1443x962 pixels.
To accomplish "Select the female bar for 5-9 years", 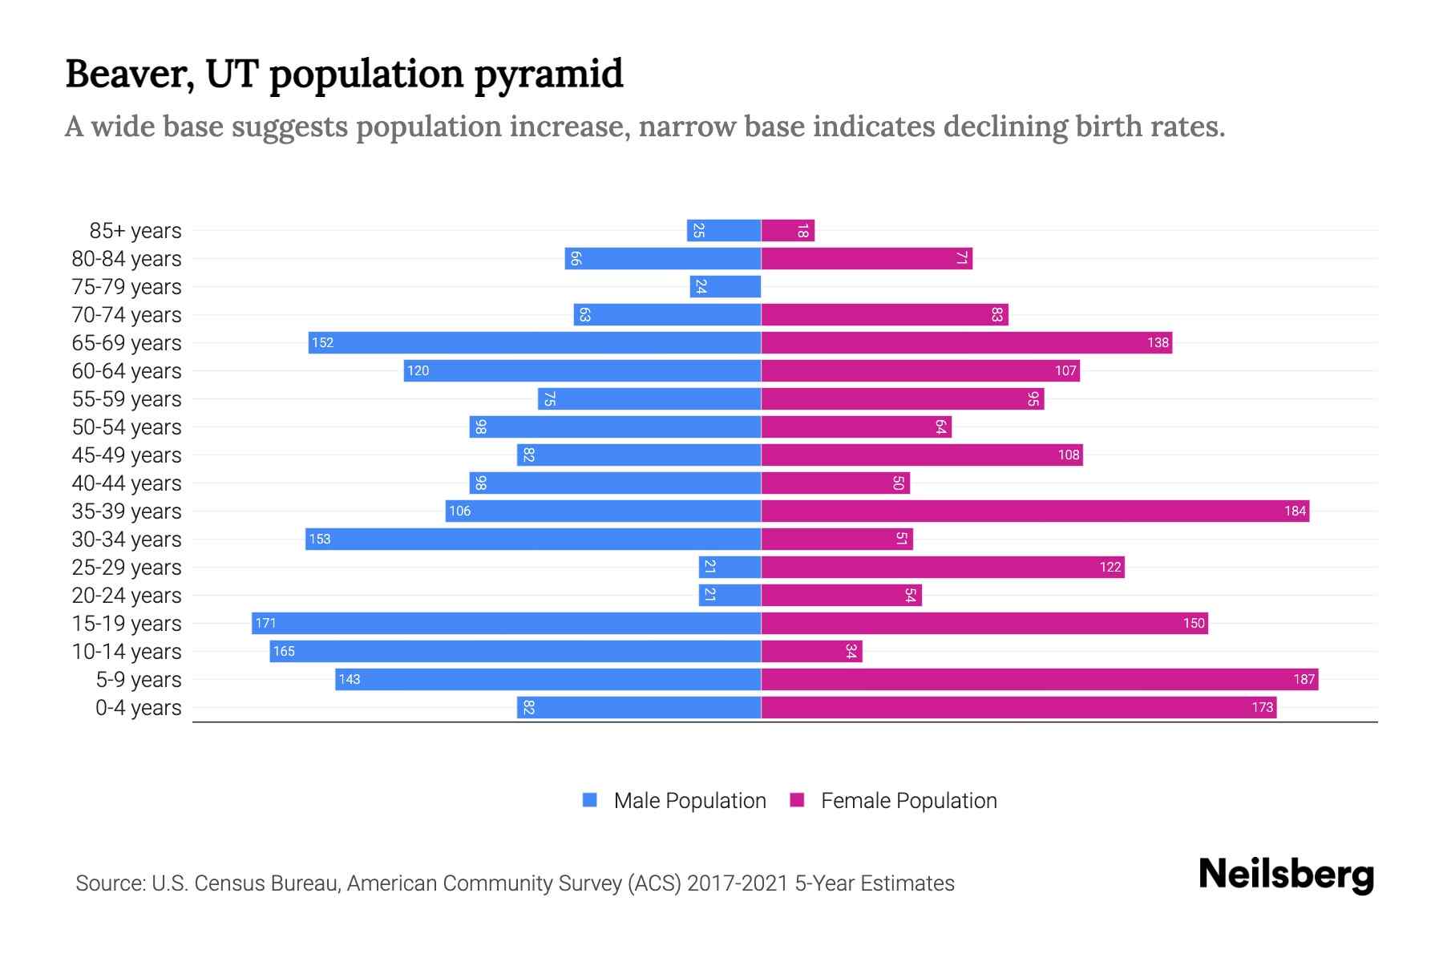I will point(1039,679).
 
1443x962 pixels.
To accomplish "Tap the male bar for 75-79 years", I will point(725,286).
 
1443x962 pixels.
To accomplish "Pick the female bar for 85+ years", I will point(787,230).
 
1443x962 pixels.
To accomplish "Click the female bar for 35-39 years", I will point(1034,511).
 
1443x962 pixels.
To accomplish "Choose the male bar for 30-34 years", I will point(533,539).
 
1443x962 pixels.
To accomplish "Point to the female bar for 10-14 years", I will point(811,651).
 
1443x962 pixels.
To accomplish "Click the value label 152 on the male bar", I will point(322,342).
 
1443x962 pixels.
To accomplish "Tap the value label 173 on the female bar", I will point(1262,707).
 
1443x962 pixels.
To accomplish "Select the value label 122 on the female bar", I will point(1110,567).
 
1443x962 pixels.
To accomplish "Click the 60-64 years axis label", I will point(127,371).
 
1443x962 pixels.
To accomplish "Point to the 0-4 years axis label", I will point(138,708).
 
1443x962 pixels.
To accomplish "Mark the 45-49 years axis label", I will point(127,455).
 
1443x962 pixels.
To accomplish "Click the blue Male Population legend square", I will point(590,800).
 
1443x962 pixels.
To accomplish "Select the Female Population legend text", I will point(908,800).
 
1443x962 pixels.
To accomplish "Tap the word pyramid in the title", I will point(548,75).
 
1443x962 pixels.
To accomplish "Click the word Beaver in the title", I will point(130,75).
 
